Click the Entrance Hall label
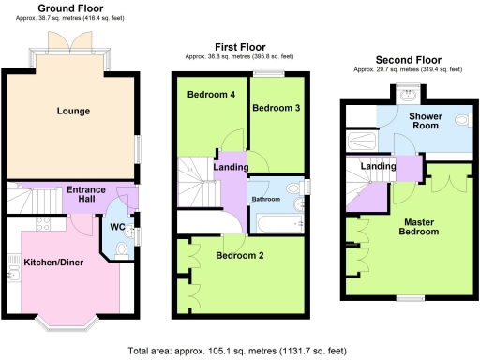[85, 195]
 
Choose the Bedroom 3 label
[276, 108]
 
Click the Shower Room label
[426, 123]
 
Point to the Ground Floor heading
[70, 8]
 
